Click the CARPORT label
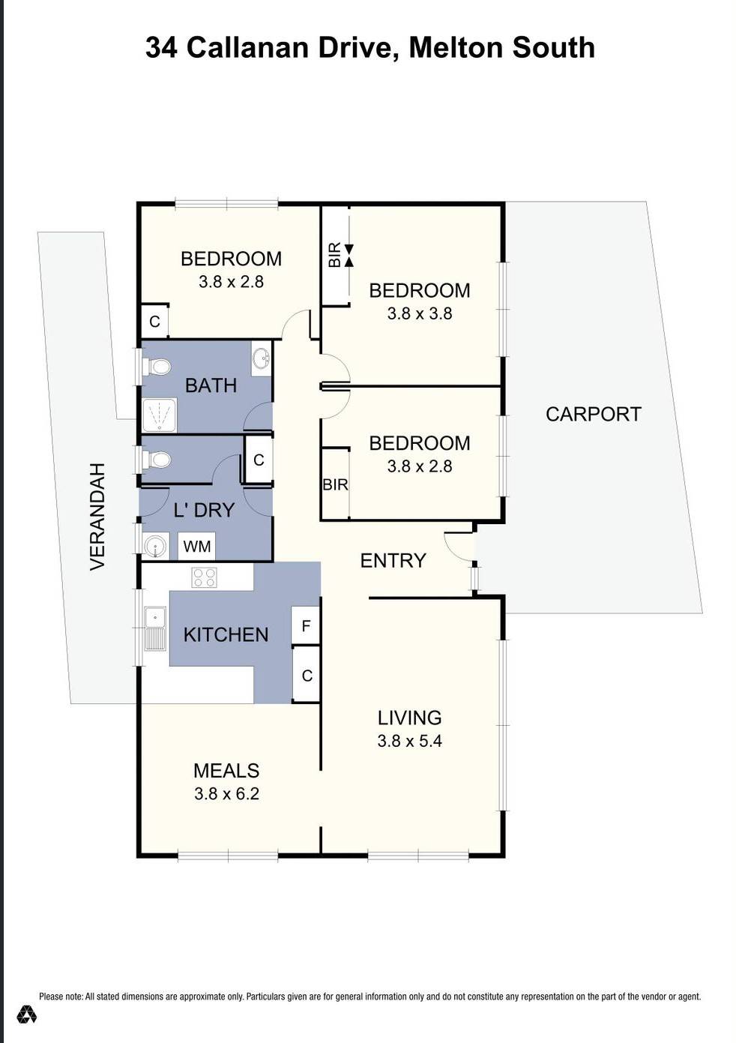pyautogui.click(x=593, y=414)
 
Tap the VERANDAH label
pyautogui.click(x=97, y=517)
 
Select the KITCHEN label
pyautogui.click(x=226, y=634)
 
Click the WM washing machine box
pyautogui.click(x=197, y=546)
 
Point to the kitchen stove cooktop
pyautogui.click(x=205, y=577)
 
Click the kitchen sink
pyautogui.click(x=155, y=628)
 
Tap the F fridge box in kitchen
pyautogui.click(x=306, y=625)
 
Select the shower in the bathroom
pyautogui.click(x=160, y=415)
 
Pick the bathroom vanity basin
pyautogui.click(x=262, y=358)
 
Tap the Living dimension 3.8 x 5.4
pyautogui.click(x=409, y=741)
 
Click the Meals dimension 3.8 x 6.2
pyautogui.click(x=226, y=793)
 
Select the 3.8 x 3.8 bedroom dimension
pyautogui.click(x=419, y=313)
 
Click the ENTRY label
pyautogui.click(x=393, y=560)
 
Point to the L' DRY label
pyautogui.click(x=204, y=510)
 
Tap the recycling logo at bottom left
pyautogui.click(x=28, y=1015)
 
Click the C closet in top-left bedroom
pyautogui.click(x=154, y=322)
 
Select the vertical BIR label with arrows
pyautogui.click(x=335, y=254)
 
